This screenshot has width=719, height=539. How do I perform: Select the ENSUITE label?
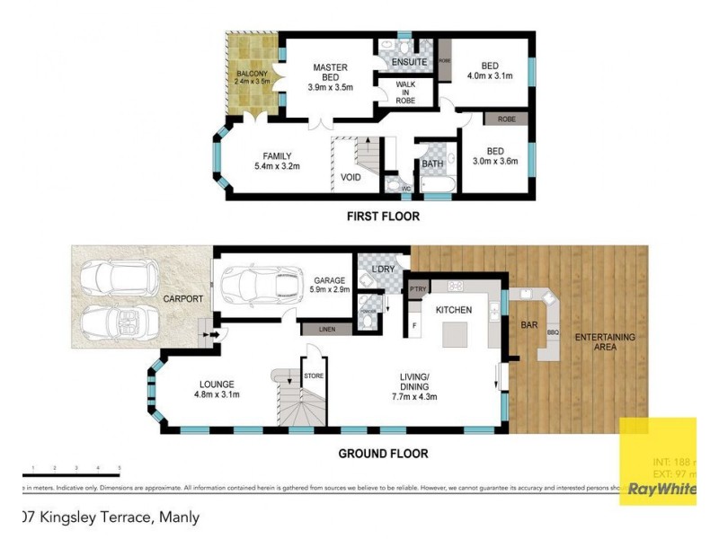pyautogui.click(x=396, y=61)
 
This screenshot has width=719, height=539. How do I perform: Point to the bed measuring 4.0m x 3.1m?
pyautogui.click(x=490, y=71)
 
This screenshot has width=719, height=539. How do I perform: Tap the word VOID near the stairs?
pyautogui.click(x=351, y=177)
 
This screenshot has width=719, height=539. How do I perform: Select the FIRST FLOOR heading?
pyautogui.click(x=383, y=216)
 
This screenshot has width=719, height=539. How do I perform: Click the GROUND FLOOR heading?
pyautogui.click(x=383, y=454)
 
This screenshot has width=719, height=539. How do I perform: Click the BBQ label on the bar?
pyautogui.click(x=553, y=331)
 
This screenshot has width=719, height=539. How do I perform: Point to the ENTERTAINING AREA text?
pyautogui.click(x=605, y=341)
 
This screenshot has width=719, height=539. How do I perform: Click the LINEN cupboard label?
pyautogui.click(x=326, y=331)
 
